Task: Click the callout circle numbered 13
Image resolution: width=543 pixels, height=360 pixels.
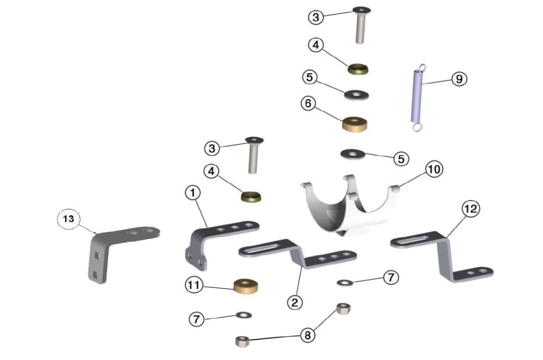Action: click(x=68, y=219)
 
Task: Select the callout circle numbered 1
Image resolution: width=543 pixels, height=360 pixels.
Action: click(x=193, y=192)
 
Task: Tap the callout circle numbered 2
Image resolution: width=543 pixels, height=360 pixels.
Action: click(x=295, y=303)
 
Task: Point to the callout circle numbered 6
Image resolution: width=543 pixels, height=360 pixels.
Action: click(x=308, y=103)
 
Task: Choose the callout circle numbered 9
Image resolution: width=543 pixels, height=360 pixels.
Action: click(x=459, y=79)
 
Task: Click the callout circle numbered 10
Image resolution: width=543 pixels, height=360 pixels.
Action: click(x=434, y=170)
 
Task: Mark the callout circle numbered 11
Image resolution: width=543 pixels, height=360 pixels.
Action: click(x=194, y=285)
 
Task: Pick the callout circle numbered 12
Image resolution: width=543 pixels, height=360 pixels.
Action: click(x=471, y=209)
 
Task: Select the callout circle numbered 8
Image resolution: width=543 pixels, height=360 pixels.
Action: click(x=308, y=335)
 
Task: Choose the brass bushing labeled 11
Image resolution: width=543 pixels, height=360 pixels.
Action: click(x=246, y=286)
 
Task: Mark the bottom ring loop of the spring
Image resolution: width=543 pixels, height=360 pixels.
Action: click(x=417, y=127)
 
